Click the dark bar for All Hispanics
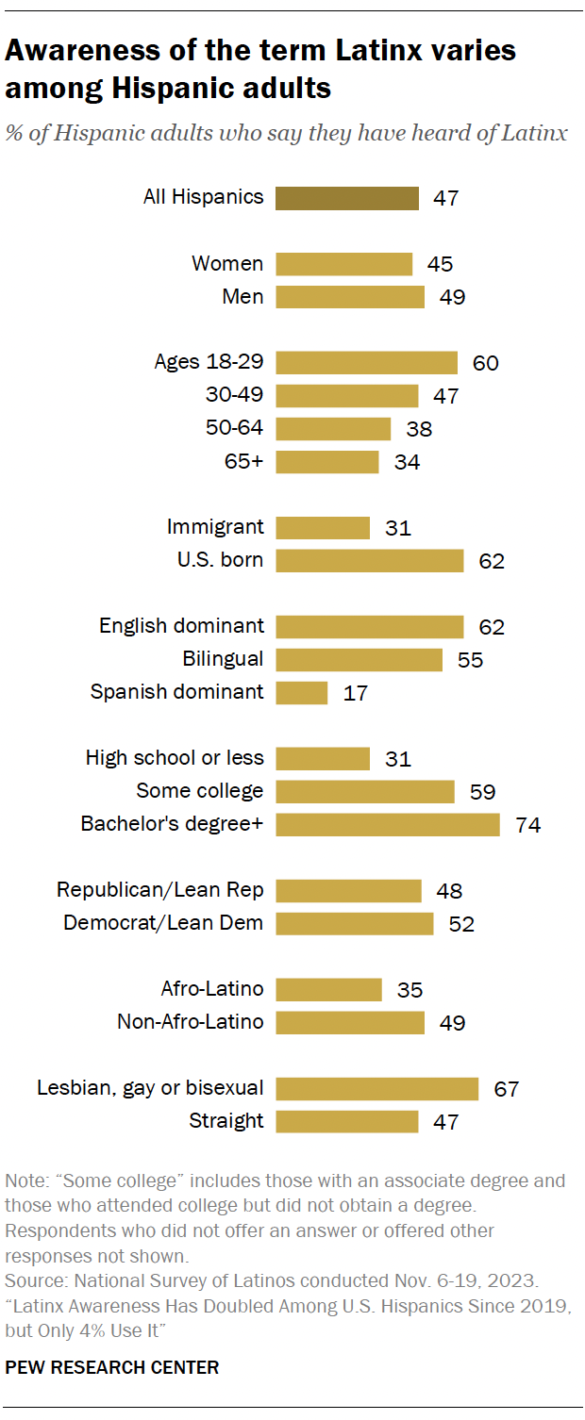(x=346, y=197)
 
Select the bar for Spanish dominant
(x=301, y=692)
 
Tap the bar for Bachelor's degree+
(x=387, y=824)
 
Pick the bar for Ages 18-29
(x=366, y=362)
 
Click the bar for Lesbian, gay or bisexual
(x=376, y=1088)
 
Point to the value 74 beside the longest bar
(x=527, y=825)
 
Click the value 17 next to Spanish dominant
(x=355, y=693)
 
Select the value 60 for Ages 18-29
(x=485, y=363)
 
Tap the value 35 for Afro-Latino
(x=409, y=990)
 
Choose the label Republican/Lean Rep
(x=160, y=890)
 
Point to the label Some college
(x=200, y=791)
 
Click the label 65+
(x=242, y=461)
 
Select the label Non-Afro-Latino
(x=191, y=1022)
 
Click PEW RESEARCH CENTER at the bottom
(x=112, y=1367)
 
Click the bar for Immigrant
(x=322, y=527)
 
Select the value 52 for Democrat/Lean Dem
(x=460, y=924)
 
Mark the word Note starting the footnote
(x=23, y=1181)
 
